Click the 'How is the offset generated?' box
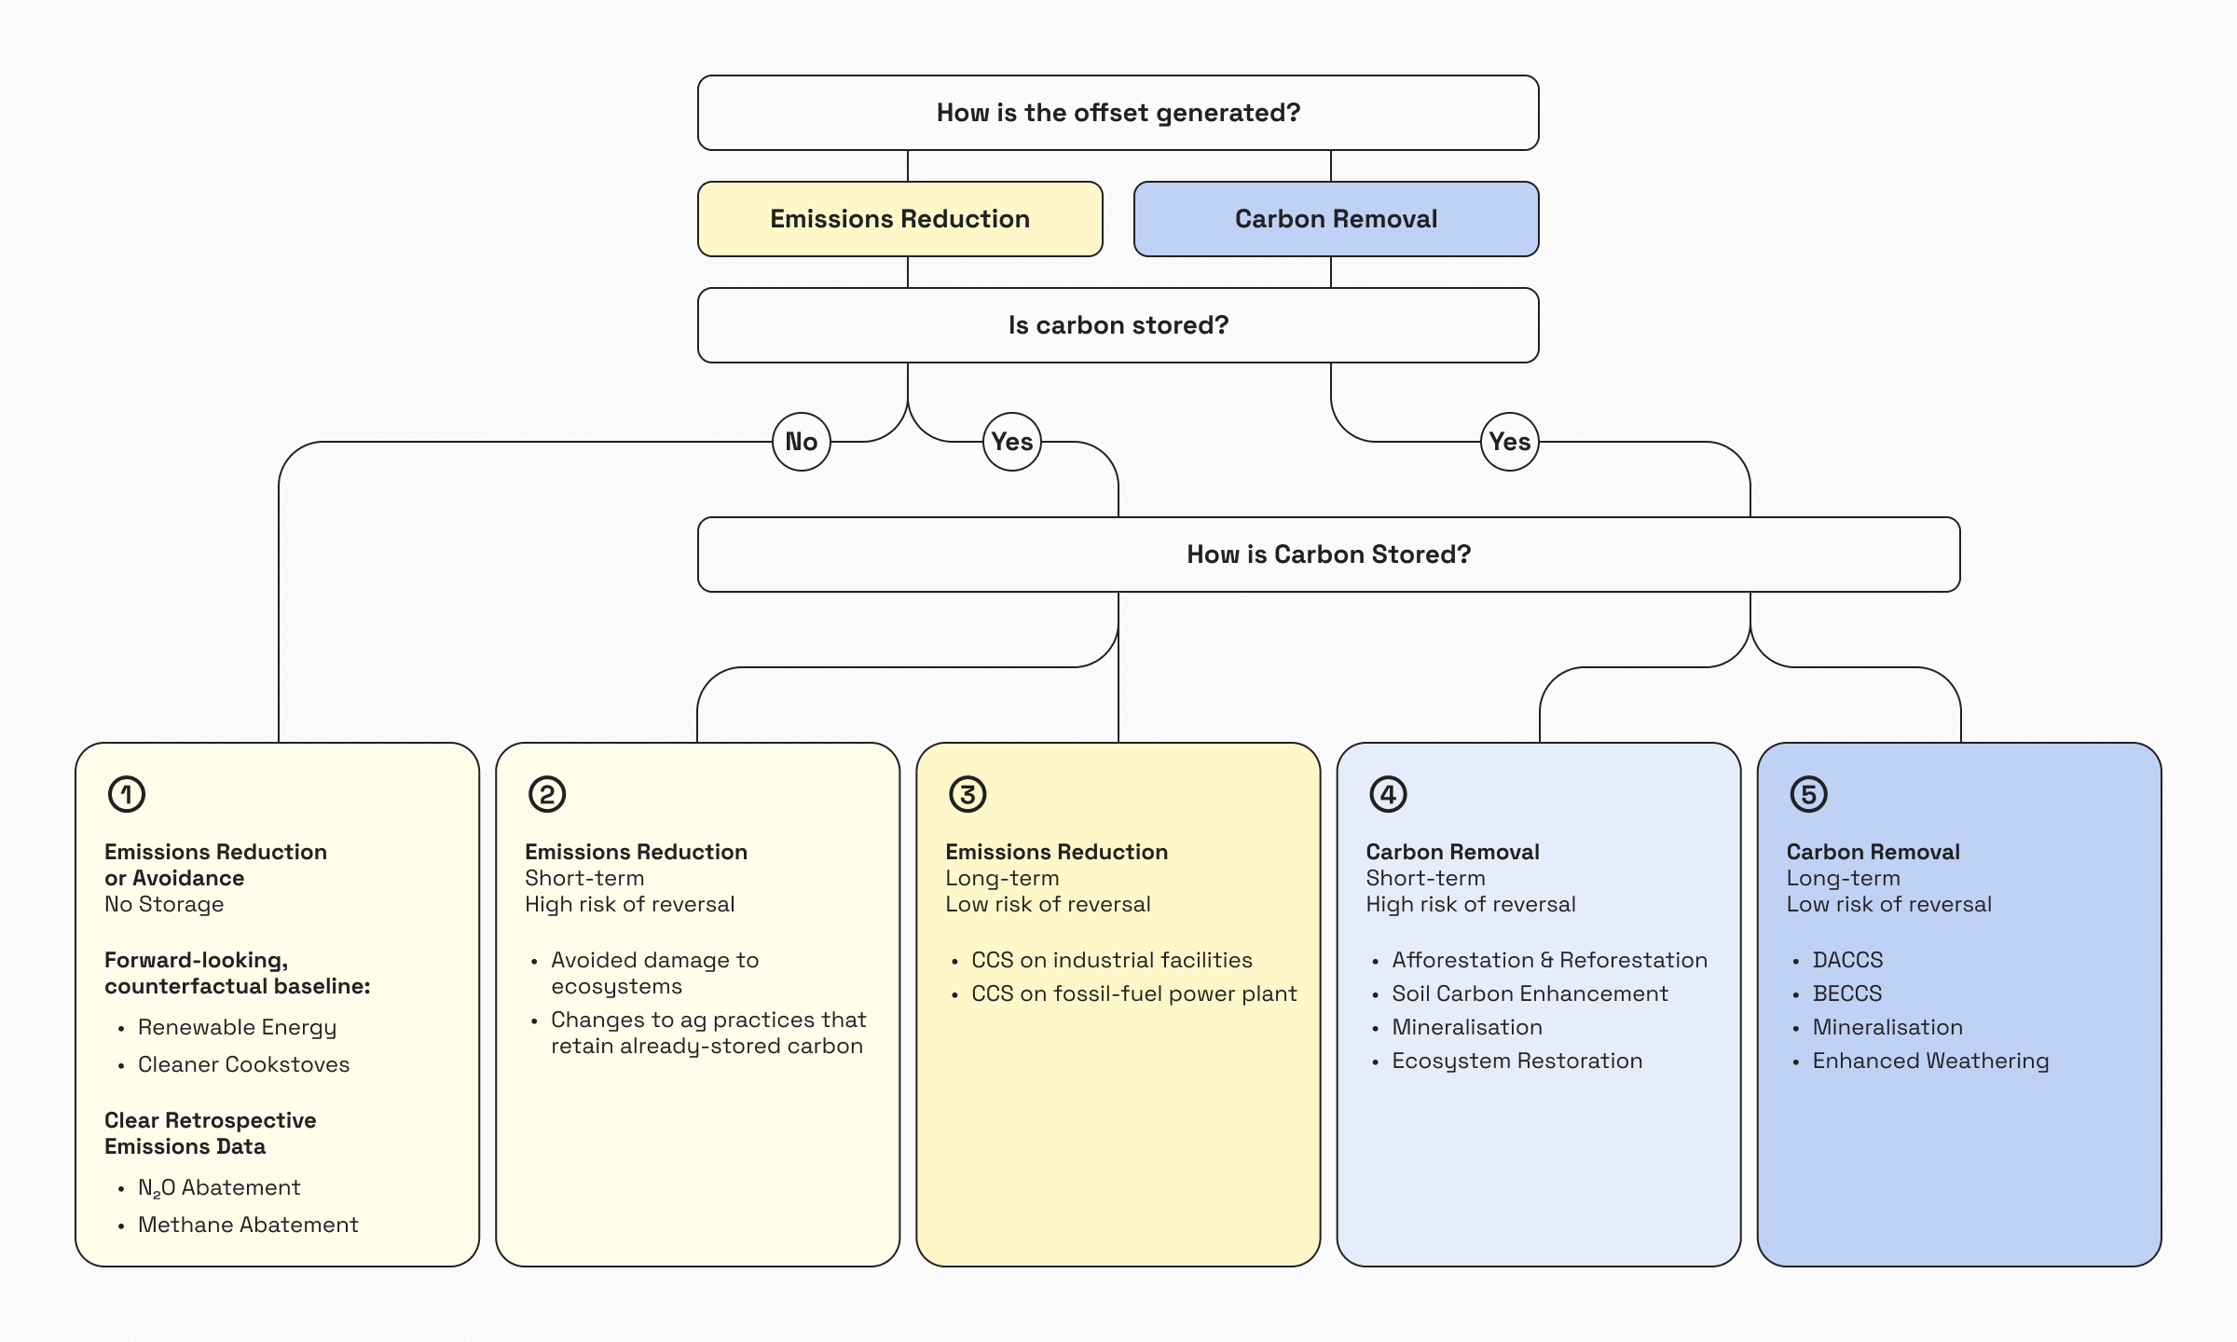[x=1118, y=113]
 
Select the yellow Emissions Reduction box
[x=899, y=219]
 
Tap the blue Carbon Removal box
[x=1336, y=219]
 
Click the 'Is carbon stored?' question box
[x=1118, y=325]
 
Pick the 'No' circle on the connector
[x=802, y=442]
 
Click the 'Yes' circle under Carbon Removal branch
[x=1509, y=442]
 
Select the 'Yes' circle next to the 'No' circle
[x=1012, y=442]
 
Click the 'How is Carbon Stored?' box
[x=1328, y=555]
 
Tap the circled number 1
[x=127, y=794]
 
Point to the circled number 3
[x=968, y=794]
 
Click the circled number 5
[x=1808, y=794]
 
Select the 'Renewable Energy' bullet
[x=237, y=1027]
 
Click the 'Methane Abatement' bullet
[x=248, y=1225]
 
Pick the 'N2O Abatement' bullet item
[x=219, y=1187]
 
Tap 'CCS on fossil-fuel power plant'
[x=1133, y=993]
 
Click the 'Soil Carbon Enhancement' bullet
[x=1530, y=993]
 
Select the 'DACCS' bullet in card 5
[x=1847, y=960]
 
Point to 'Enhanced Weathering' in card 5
[x=1930, y=1061]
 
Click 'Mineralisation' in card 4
[x=1467, y=1027]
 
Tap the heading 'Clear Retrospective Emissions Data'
[x=210, y=1133]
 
